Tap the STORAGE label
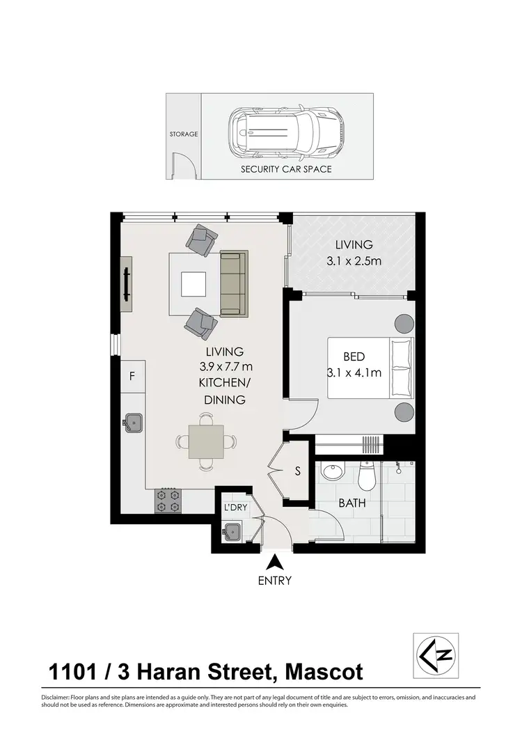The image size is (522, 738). coord(184,134)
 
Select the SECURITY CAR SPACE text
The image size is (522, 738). coord(286,169)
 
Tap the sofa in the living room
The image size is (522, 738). coord(234,283)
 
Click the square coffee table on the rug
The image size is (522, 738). coord(193,284)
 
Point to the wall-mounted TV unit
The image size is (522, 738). coord(127,284)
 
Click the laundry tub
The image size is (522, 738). coord(233,533)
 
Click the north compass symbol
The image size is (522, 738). coord(435,655)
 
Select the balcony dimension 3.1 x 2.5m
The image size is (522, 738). coord(355,262)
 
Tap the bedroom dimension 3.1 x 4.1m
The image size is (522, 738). coord(354,372)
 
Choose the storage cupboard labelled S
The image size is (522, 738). coord(297,471)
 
